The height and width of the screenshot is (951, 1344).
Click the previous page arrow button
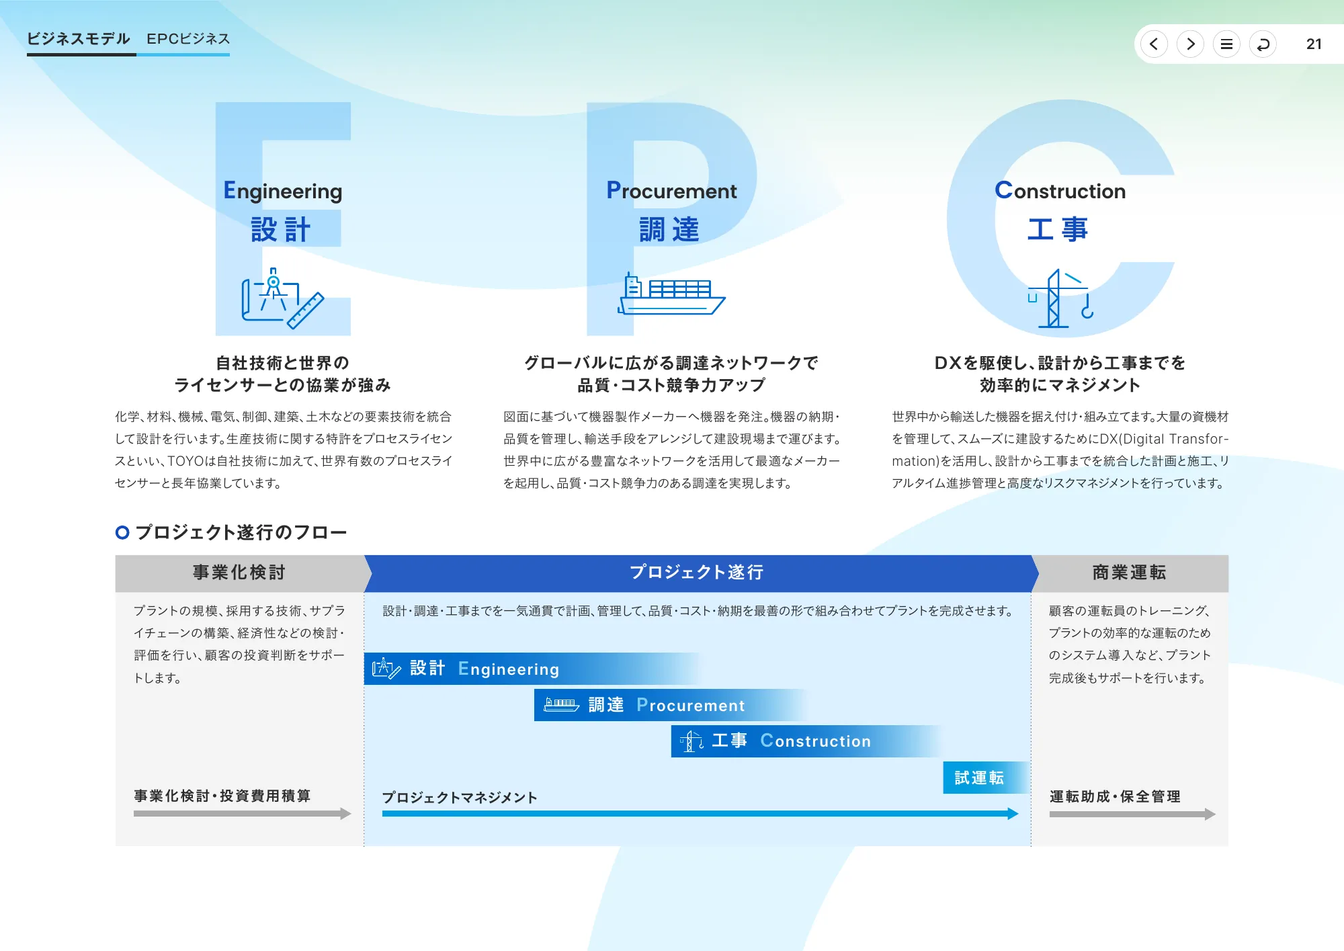click(1154, 44)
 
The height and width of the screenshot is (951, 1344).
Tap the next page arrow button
click(1190, 44)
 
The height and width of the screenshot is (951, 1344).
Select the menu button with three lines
click(1226, 44)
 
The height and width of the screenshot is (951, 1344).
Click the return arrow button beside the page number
click(1263, 44)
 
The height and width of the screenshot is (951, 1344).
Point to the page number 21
click(1314, 44)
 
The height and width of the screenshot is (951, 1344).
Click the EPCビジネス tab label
click(188, 39)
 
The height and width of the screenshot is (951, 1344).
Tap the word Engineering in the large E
click(283, 191)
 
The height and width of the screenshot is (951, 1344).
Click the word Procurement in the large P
click(671, 191)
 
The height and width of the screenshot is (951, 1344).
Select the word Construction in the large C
click(1060, 191)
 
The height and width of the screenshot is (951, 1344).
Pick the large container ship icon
click(671, 296)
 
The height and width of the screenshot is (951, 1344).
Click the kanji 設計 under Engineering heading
click(281, 230)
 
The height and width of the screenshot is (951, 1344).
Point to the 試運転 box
click(980, 778)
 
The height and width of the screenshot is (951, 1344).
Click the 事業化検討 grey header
click(239, 573)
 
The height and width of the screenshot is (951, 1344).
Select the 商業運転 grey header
click(1129, 573)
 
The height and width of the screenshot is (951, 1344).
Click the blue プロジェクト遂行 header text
click(696, 573)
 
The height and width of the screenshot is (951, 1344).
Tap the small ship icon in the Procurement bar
click(561, 705)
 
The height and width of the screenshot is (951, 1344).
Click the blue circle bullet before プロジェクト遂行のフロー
click(122, 533)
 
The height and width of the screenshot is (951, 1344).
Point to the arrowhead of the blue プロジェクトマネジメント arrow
click(1013, 814)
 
